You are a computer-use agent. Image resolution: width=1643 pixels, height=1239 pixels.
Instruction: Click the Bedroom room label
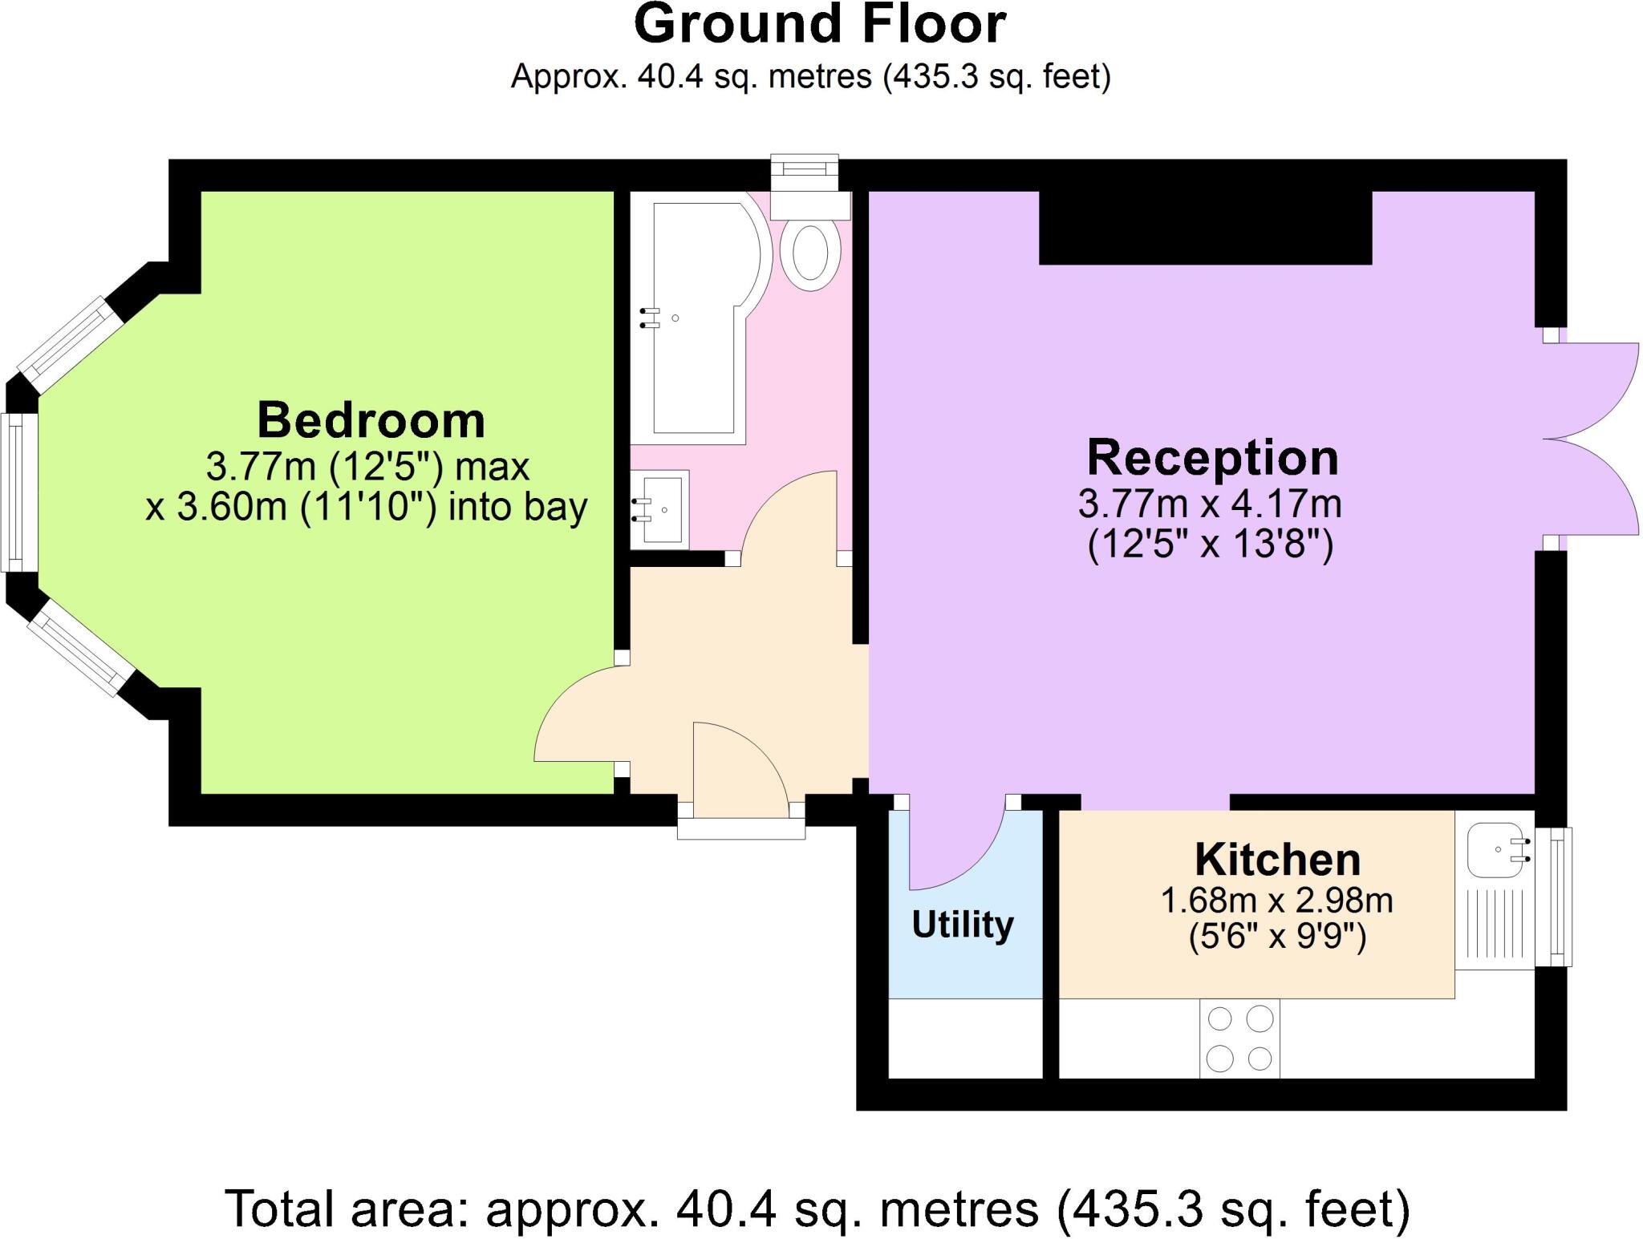coord(371,420)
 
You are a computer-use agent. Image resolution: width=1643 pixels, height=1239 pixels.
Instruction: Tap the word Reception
coord(1212,458)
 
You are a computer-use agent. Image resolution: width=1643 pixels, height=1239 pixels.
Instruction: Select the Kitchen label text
coord(1277,860)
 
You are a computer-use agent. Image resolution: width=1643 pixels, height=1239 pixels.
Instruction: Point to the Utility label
coord(962,925)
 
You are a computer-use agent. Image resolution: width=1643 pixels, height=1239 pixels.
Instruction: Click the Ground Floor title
coord(819,24)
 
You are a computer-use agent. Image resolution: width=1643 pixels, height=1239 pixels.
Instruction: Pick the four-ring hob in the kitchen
coord(1239,1039)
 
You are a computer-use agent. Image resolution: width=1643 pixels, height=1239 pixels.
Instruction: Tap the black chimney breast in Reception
coord(1205,229)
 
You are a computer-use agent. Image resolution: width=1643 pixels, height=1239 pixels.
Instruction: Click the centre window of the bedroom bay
coord(18,492)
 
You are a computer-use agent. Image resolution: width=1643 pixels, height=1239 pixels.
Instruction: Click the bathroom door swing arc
coord(786,513)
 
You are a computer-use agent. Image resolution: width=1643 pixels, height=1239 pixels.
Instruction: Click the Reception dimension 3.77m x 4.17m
coord(1209,504)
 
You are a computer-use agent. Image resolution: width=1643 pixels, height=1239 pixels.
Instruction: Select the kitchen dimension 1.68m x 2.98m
coord(1276,901)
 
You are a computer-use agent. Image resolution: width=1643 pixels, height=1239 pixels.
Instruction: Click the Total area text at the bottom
coord(817,1209)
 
